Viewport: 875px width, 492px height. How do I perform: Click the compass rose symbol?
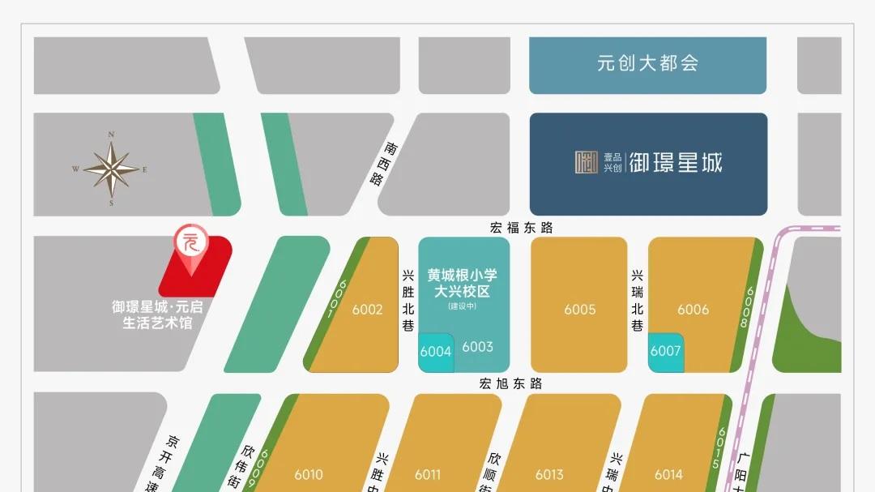pos(111,169)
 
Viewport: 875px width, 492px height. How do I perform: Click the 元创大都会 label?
pos(647,63)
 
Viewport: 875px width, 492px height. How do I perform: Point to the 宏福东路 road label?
pos(521,228)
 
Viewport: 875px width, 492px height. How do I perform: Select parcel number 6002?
pos(367,309)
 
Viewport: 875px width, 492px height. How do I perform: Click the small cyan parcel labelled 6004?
pos(435,352)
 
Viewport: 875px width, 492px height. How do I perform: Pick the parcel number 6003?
pos(477,347)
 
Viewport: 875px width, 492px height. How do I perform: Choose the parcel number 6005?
pos(579,309)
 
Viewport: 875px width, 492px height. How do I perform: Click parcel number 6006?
pos(693,309)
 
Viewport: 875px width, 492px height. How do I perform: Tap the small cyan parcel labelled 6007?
pos(665,352)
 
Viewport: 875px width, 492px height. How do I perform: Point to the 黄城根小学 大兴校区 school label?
pos(463,283)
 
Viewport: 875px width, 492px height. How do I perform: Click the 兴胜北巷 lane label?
pos(408,301)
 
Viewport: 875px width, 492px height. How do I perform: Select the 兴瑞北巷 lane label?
pos(637,301)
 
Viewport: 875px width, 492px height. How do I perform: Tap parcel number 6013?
pos(549,474)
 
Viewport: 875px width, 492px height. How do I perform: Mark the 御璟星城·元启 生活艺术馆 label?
pos(156,315)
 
